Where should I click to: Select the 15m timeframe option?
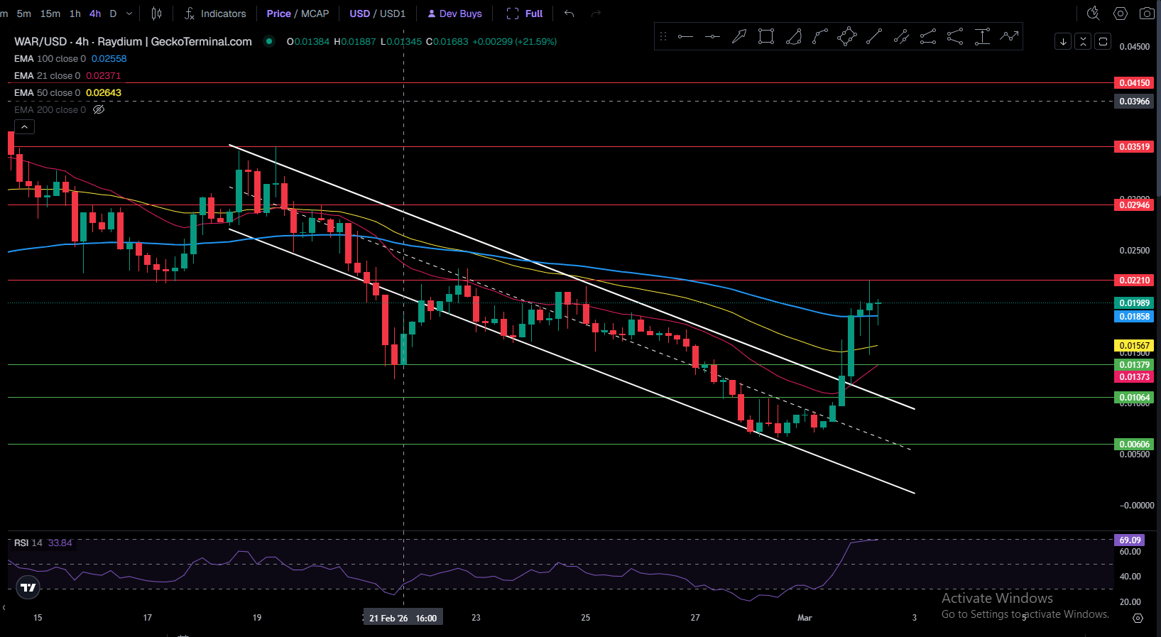coord(50,13)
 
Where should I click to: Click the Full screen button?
coord(525,13)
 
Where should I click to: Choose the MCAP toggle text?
coord(315,13)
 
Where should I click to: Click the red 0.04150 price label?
coord(1133,83)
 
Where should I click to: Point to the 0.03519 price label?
coord(1133,147)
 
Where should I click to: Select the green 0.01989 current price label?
coord(1133,303)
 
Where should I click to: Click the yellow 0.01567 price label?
coord(1133,346)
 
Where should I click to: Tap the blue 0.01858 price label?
coord(1133,317)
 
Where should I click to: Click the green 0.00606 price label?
coord(1133,445)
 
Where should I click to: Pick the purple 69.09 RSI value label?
coord(1129,540)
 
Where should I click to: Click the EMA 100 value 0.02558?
coord(109,59)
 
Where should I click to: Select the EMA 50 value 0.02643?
coord(104,93)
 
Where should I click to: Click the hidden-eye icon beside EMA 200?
coord(99,109)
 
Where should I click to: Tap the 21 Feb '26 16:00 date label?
coord(403,618)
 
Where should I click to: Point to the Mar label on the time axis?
coord(804,618)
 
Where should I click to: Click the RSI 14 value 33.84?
coord(60,543)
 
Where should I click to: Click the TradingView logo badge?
coord(28,587)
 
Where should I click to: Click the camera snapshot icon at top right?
coord(1146,13)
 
